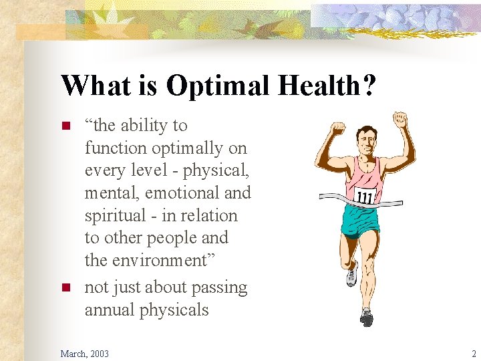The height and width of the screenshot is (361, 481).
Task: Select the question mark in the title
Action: [369, 86]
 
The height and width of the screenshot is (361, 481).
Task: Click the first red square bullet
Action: [65, 126]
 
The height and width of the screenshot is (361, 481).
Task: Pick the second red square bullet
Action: [65, 288]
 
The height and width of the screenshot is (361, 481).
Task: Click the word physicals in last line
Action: [176, 310]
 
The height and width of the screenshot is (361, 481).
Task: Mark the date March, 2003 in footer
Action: [84, 353]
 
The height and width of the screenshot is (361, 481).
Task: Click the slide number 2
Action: [473, 353]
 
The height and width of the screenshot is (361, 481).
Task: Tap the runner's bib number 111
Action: [365, 197]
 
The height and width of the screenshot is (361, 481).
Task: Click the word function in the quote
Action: [115, 148]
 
